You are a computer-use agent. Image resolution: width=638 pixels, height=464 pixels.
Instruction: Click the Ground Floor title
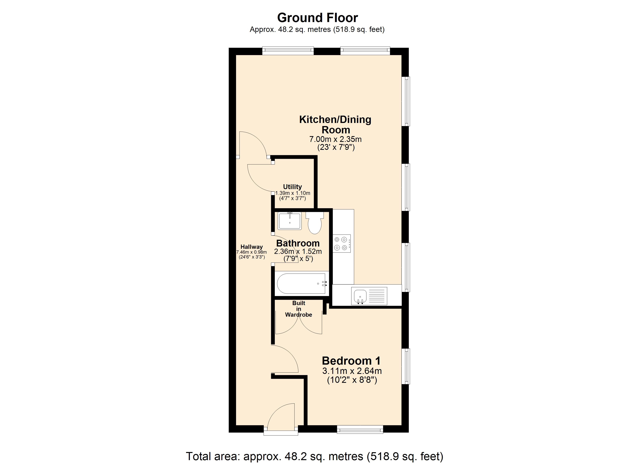tap(317, 18)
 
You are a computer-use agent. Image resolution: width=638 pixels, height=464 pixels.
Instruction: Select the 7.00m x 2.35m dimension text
tap(335, 139)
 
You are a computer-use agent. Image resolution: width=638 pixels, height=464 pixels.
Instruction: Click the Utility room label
tap(292, 187)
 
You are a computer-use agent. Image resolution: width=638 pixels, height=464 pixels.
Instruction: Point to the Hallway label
tap(252, 247)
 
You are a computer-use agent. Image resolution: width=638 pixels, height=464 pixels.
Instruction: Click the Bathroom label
tap(298, 243)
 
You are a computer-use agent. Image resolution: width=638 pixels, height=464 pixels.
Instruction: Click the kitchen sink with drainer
tap(369, 296)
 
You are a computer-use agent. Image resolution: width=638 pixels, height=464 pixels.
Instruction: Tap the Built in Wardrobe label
tap(299, 309)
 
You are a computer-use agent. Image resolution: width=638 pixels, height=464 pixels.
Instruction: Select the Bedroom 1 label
tap(351, 361)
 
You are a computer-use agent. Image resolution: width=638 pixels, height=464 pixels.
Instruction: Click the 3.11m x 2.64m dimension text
tap(352, 371)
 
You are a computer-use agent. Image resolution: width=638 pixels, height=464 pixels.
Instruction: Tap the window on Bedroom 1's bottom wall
tap(360, 429)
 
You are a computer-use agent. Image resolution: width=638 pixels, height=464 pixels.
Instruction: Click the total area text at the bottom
tap(315, 456)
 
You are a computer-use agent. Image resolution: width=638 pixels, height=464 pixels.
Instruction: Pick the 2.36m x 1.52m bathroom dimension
tap(298, 251)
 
